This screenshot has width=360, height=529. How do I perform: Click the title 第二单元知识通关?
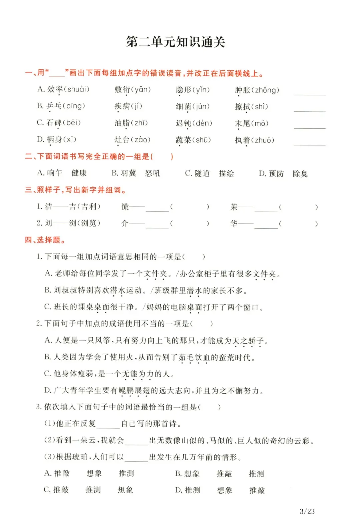(x=175, y=42)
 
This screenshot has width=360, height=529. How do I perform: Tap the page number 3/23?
(x=307, y=511)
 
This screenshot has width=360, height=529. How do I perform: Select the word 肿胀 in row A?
(x=242, y=90)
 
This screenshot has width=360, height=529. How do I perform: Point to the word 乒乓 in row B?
(x=54, y=106)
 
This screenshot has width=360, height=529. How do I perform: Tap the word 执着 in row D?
(x=242, y=140)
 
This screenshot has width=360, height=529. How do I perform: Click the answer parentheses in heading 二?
(x=162, y=156)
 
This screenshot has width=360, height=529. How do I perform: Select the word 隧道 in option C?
(x=202, y=173)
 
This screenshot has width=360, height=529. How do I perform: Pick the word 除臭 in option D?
(x=300, y=174)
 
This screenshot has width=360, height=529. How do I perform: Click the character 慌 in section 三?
(x=125, y=206)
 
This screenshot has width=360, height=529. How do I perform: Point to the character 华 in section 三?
(x=234, y=223)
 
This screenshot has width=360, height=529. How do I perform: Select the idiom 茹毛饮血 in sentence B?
(x=194, y=357)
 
